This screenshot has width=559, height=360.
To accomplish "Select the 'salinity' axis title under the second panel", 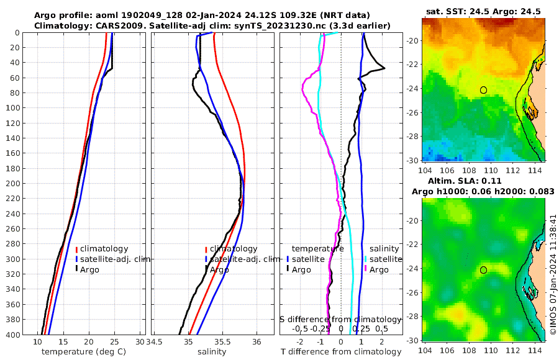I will [x=212, y=352].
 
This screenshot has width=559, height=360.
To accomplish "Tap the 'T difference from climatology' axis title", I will [x=341, y=352].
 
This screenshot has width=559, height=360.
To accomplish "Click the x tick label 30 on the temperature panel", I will [x=140, y=342].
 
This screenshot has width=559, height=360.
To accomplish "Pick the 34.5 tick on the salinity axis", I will [x=155, y=342].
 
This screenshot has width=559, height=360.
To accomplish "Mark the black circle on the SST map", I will [x=483, y=90].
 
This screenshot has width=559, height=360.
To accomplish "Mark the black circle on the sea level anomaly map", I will [x=483, y=270].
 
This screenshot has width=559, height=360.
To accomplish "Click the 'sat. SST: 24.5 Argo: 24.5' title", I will [x=483, y=11].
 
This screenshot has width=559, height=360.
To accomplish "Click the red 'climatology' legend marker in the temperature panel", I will [x=76, y=249].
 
